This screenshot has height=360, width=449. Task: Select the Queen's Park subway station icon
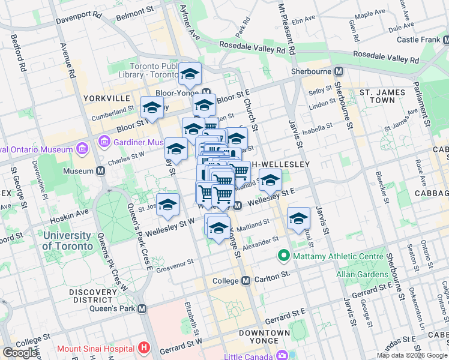pos(142,308)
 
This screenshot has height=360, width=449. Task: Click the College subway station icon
pos(246,281)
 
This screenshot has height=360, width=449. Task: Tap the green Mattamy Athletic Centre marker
pos(283,256)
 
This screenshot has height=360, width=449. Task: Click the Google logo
pos(20,353)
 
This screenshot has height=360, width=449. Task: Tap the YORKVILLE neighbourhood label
pos(107,98)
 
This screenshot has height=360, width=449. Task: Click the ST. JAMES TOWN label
pos(385,97)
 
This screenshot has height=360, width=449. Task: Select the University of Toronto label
pos(68,240)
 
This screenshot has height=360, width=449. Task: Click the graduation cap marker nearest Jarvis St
pos(298,219)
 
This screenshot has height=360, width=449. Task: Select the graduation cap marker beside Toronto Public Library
pos(190,74)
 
